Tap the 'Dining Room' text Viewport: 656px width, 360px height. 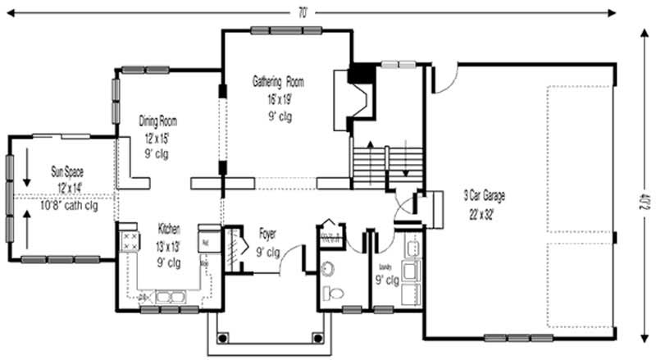pos(157,121)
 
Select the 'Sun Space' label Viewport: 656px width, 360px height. pos(68,173)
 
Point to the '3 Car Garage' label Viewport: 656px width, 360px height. pos(484,196)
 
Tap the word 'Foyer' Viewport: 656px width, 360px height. pos(268,232)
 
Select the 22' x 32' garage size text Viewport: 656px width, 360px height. pos(484,214)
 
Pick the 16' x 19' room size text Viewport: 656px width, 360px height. pos(278,98)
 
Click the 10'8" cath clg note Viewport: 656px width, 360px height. pos(68,206)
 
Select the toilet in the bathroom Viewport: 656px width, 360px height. pos(333,293)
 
